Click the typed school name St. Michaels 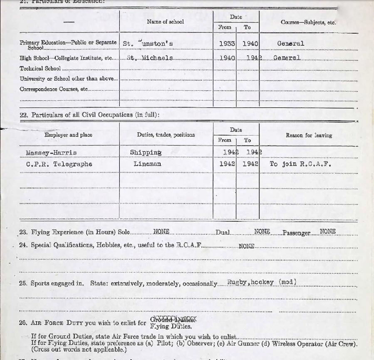point(149,58)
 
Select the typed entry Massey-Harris point(51,152)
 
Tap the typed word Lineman point(148,164)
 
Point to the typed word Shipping point(146,152)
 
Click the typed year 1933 point(227,43)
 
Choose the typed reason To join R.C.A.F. point(300,164)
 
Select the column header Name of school point(165,22)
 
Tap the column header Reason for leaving point(309,135)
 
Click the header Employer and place point(68,135)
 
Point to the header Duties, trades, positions point(166,135)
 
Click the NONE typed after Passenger point(327,231)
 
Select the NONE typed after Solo point(161,232)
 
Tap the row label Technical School point(40,68)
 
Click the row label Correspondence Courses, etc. point(54,89)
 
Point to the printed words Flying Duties point(171,326)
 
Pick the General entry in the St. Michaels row point(287,58)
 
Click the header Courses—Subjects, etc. point(308,22)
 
